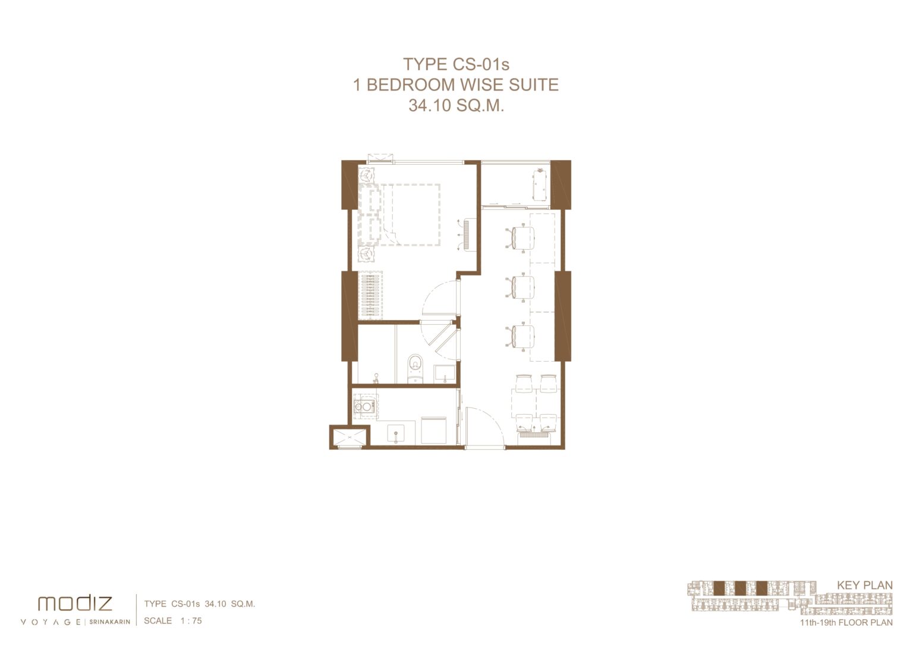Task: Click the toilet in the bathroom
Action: pyautogui.click(x=415, y=368)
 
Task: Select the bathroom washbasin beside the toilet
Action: pyautogui.click(x=445, y=373)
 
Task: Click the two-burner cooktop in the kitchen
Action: pyautogui.click(x=364, y=406)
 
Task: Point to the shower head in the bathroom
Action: pyautogui.click(x=376, y=378)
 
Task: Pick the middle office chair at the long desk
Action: pyautogui.click(x=521, y=287)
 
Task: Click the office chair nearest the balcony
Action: pyautogui.click(x=521, y=237)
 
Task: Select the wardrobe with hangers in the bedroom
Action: pyautogui.click(x=370, y=295)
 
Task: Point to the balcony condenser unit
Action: pyautogui.click(x=540, y=185)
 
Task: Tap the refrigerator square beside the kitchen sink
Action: pyautogui.click(x=434, y=430)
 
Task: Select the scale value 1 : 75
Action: pyautogui.click(x=191, y=620)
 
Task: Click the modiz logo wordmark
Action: pyautogui.click(x=74, y=603)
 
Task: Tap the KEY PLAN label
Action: pyautogui.click(x=864, y=585)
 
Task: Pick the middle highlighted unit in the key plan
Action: pyautogui.click(x=740, y=588)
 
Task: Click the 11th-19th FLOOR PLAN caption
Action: pyautogui.click(x=846, y=623)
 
